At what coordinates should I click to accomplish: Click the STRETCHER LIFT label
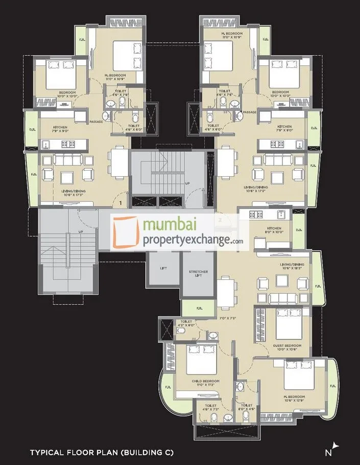(x=198, y=273)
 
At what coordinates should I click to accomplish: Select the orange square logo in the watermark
(x=126, y=231)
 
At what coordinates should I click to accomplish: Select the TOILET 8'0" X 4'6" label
(x=246, y=407)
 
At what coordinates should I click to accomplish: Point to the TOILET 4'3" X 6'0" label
(x=186, y=323)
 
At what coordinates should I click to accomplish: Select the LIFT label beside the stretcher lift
(x=163, y=267)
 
